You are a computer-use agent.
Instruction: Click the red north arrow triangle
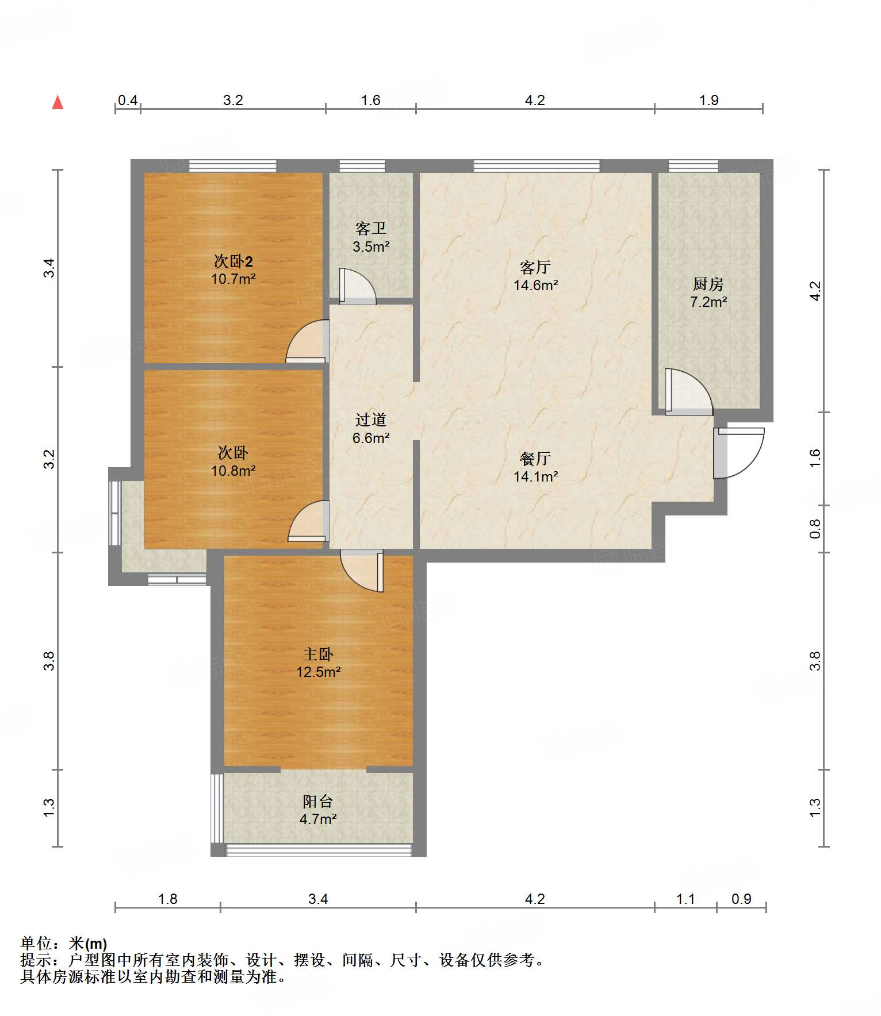pos(58,102)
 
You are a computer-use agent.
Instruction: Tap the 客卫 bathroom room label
pos(371,229)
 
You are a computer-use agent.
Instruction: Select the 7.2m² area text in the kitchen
pos(708,302)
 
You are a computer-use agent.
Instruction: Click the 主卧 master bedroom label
pos(318,654)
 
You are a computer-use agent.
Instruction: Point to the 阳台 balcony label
pos(318,801)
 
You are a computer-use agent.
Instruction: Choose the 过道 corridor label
pos(371,420)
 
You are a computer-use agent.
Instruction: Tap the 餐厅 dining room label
pos(535,459)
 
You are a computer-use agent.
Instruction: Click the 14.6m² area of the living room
pos(536,285)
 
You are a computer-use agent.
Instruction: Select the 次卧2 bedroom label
pos(233,261)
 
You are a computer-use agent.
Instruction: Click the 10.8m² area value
pos(233,471)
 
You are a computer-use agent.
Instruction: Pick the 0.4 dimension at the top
pos(128,101)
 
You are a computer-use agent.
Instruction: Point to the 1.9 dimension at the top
pos(708,101)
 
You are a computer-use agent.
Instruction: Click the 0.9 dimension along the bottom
pos(741,899)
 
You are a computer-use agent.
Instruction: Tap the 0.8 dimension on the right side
pos(815,529)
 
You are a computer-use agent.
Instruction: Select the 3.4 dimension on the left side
pos(49,268)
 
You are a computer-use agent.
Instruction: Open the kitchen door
pos(689,391)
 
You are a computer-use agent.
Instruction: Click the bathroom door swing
pos(357,286)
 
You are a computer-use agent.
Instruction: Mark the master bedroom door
pos(362,571)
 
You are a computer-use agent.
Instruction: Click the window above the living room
pos(537,166)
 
